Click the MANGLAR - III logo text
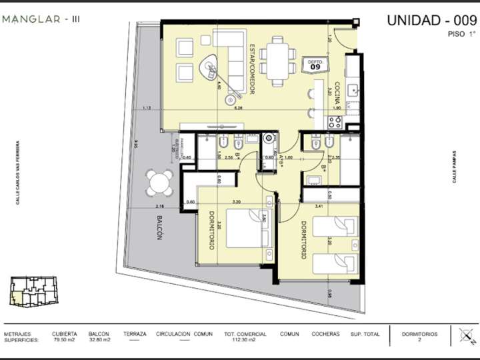[41, 19]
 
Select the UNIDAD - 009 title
[431, 20]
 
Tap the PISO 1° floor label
[462, 34]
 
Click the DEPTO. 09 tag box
[315, 65]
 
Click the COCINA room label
[338, 93]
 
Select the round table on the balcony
[160, 183]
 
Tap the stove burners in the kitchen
[335, 122]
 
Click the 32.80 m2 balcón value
[99, 340]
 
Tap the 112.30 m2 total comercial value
[245, 340]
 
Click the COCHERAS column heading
[326, 334]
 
